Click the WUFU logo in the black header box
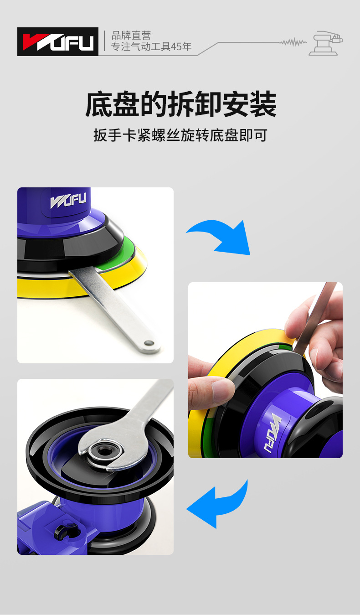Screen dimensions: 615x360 (x=58, y=42)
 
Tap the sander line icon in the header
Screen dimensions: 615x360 (x=325, y=43)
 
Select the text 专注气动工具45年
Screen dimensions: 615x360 (x=151, y=47)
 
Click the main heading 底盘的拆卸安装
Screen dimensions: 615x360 (x=180, y=104)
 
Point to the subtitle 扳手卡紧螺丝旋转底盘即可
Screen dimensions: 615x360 (x=180, y=135)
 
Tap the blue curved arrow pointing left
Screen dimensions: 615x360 (x=218, y=504)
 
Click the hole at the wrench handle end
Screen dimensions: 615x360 (x=147, y=342)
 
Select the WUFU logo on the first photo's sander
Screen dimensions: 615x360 (x=69, y=201)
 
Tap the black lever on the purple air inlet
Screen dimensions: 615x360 (x=64, y=531)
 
